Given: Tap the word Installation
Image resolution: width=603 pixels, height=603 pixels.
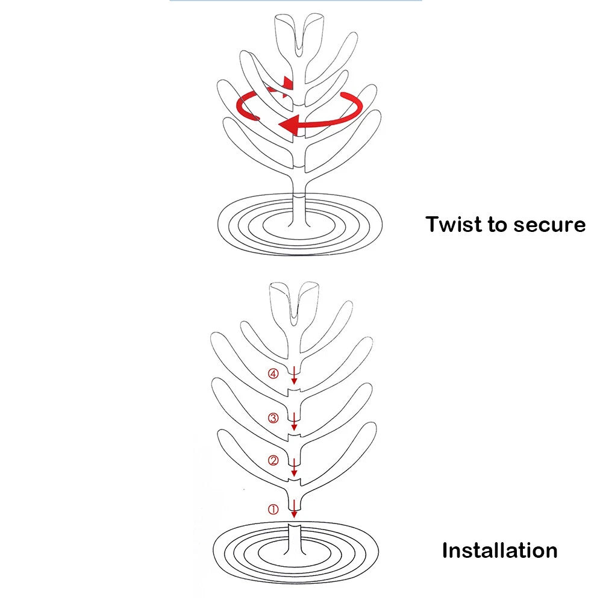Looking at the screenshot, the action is [500, 551].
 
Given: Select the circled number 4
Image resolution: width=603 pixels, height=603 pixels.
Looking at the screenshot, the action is [273, 373].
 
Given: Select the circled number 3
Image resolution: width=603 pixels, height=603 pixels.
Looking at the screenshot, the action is [273, 417].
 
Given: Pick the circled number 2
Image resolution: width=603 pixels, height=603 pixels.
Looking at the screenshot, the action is [273, 461].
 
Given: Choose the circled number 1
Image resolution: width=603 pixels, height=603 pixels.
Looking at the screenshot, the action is [273, 510].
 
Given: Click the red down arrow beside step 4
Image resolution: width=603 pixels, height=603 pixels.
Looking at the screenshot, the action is [294, 375].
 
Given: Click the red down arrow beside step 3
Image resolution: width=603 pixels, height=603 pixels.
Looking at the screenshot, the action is [294, 422].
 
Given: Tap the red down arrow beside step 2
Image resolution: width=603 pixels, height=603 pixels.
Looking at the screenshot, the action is [294, 467].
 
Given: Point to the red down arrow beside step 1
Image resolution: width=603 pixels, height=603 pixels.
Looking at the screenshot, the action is [294, 508].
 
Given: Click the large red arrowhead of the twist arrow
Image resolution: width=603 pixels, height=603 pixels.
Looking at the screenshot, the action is [289, 125].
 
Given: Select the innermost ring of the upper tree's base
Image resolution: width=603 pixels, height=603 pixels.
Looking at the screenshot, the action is [300, 226].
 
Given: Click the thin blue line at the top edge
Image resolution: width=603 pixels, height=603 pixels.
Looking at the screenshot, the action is [296, 1].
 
